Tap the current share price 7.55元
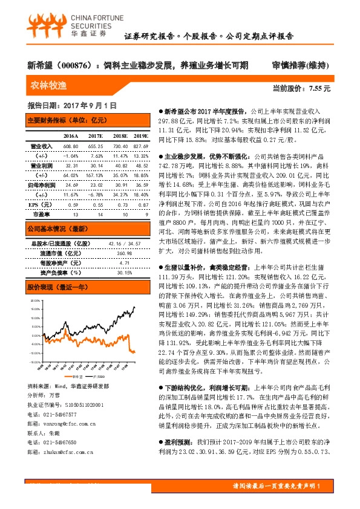point(319,88)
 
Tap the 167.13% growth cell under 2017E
point(96,174)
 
